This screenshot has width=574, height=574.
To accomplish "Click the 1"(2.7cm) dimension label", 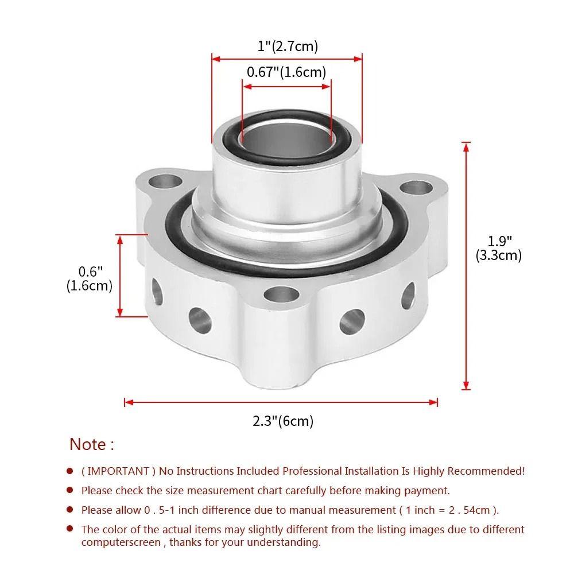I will (287, 46).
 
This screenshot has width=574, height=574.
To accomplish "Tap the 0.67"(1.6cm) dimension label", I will (286, 72).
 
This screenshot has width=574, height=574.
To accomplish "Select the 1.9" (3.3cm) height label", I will (498, 248).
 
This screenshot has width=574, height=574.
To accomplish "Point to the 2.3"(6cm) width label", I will (283, 421).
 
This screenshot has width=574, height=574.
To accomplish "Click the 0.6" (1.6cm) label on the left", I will (90, 278).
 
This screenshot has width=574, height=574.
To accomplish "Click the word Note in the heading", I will (88, 444).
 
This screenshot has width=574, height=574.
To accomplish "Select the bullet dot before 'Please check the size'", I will (70, 490).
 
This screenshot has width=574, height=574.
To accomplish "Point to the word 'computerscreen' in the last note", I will (121, 542).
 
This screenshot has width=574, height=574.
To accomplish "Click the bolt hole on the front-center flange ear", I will (280, 296).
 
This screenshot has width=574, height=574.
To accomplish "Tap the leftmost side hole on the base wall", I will (156, 291).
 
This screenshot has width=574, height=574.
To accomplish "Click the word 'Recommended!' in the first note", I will (486, 471).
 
